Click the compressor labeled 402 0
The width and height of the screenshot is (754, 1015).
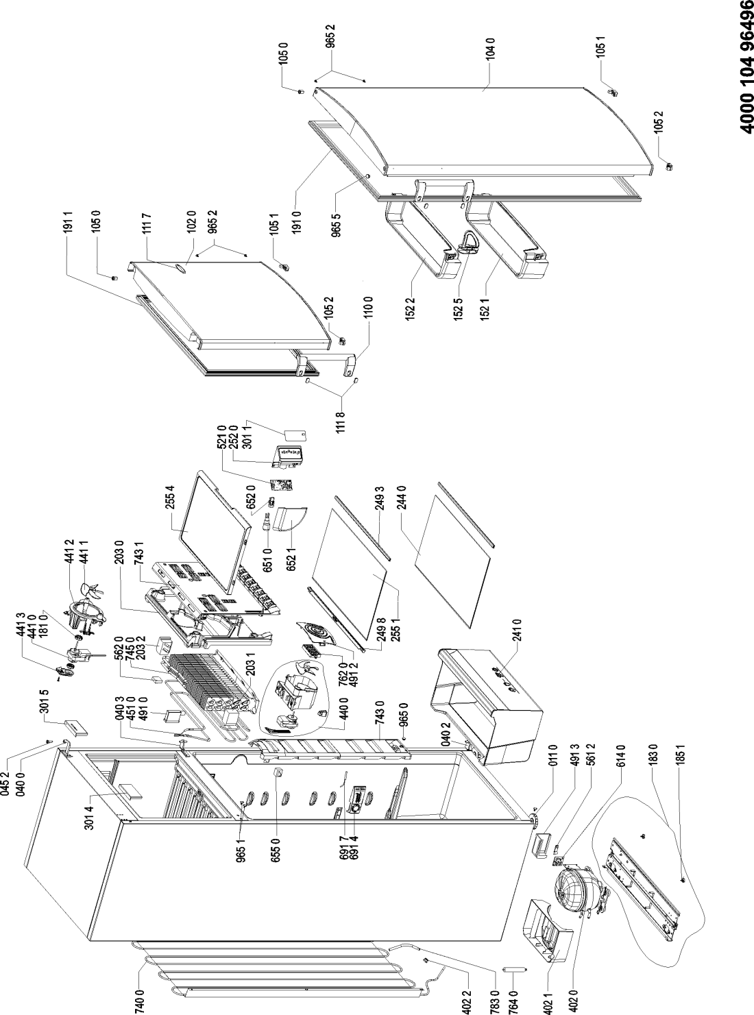pyautogui.click(x=578, y=888)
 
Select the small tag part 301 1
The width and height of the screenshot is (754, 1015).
pyautogui.click(x=295, y=435)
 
